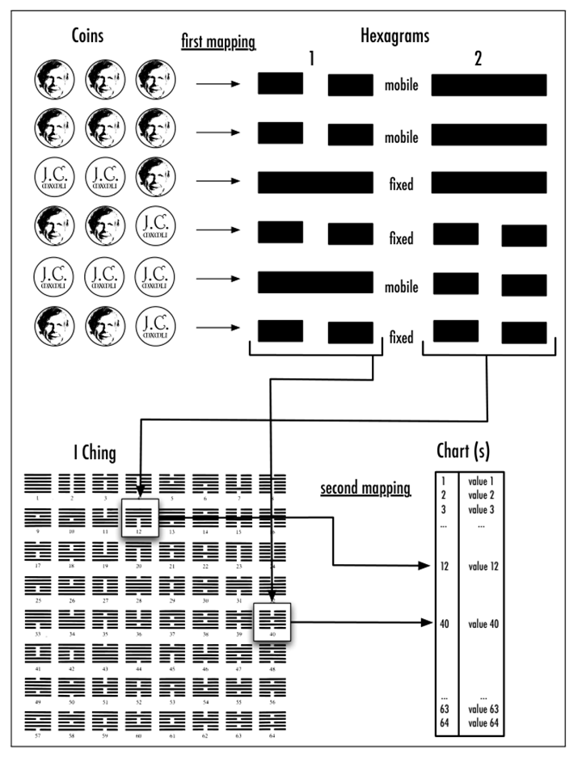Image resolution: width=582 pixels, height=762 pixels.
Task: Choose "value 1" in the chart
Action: coord(483,480)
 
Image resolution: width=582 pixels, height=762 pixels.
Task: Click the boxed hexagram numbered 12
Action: coord(140,516)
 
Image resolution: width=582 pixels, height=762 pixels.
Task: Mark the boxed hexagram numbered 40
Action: coord(272,621)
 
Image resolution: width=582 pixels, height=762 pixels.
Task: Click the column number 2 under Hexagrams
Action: coord(478,59)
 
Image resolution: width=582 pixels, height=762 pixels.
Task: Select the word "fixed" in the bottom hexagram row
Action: coord(401,338)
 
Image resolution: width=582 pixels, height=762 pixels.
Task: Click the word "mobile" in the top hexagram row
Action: coord(402,83)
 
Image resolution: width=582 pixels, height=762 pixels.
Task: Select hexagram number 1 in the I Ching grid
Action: coord(39,485)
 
